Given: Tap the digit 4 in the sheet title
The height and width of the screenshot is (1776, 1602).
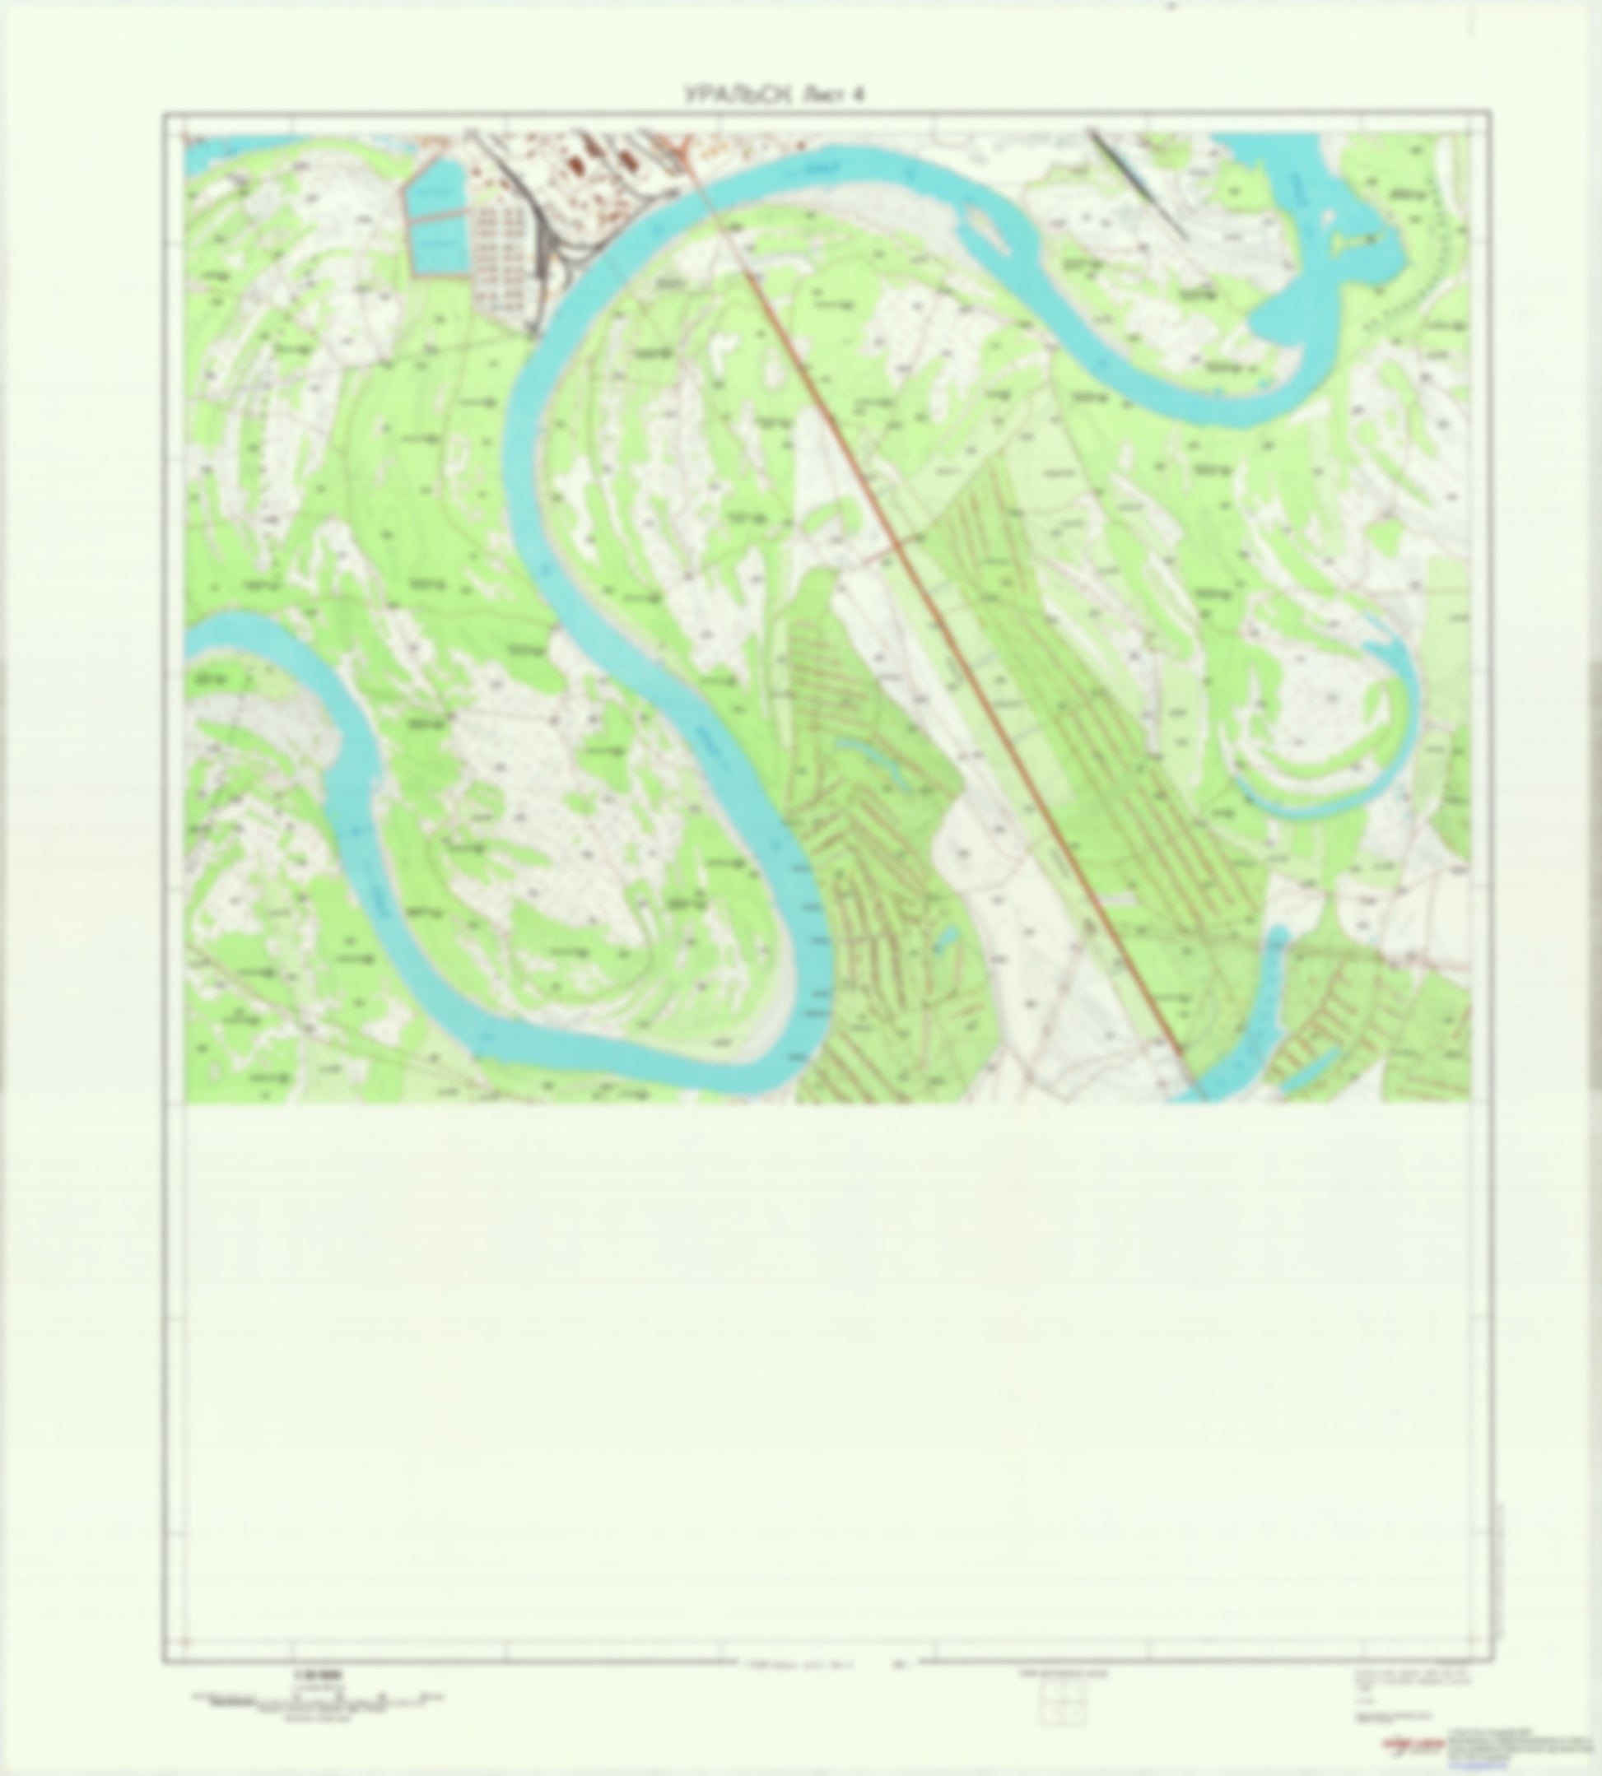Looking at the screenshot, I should (857, 95).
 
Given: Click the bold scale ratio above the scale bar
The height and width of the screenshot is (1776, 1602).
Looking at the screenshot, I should (305, 1676).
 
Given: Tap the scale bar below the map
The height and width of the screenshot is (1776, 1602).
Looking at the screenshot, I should (317, 1699).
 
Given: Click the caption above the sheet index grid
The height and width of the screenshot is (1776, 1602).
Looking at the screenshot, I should (1064, 1676).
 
